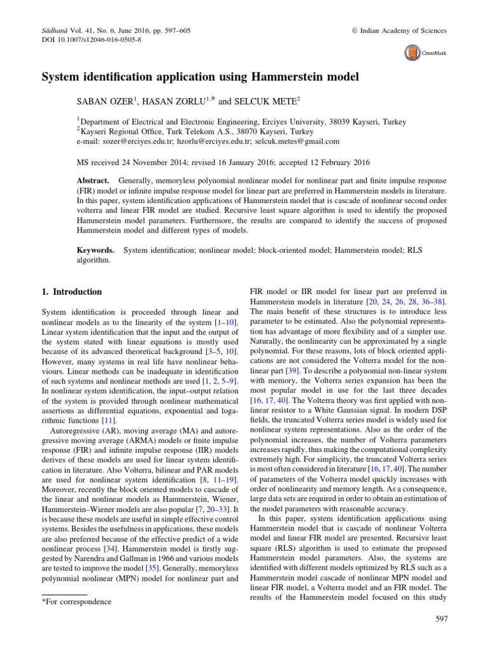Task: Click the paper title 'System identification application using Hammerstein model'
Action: tap(201, 78)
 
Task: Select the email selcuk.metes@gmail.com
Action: tap(299, 141)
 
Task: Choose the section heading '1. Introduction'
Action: tap(71, 292)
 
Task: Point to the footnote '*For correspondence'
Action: tap(76, 601)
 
